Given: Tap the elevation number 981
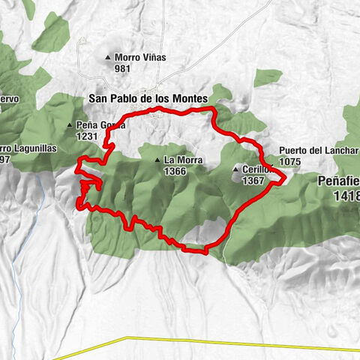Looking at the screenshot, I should pos(123,68).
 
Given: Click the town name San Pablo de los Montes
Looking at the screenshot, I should pos(148,98).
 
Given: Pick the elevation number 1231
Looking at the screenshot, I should pos(88,136).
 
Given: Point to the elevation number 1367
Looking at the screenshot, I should pos(253,181).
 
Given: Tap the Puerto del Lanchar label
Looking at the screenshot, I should pos(318,150).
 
